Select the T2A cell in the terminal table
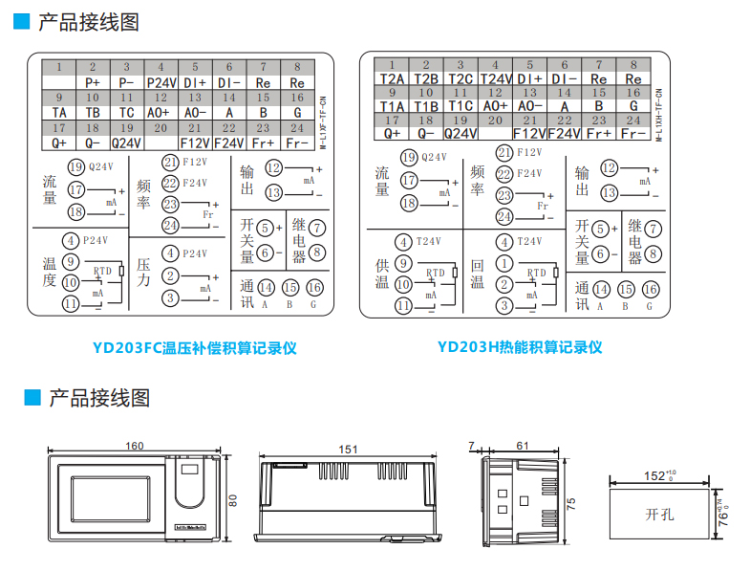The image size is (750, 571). (392, 78)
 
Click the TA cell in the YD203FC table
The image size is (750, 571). (59, 111)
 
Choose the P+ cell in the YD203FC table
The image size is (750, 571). (93, 83)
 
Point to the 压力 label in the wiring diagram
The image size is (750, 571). (144, 273)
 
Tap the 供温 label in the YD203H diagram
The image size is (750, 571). (381, 274)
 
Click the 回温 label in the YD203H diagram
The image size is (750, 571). (477, 274)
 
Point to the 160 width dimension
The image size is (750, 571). (135, 446)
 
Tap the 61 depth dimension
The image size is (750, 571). (522, 446)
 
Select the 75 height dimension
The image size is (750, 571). (571, 503)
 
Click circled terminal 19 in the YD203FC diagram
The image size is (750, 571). (76, 165)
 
